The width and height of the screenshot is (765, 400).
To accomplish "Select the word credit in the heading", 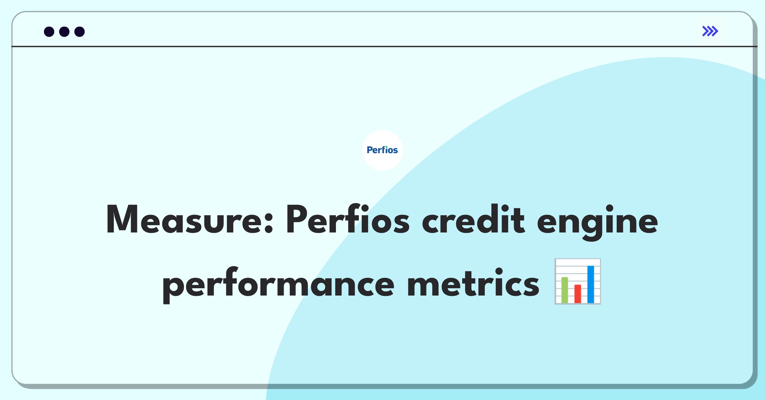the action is [x=473, y=219].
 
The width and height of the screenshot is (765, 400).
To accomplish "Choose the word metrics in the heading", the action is [x=473, y=282].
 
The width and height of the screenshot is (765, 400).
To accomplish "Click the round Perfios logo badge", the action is [x=382, y=150].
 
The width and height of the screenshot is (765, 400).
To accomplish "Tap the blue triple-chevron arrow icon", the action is [x=710, y=31].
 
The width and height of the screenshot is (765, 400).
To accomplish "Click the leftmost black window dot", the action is [x=49, y=32].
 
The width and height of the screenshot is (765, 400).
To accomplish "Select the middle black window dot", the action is [x=64, y=32].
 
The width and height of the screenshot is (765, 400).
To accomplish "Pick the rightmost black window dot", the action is [x=80, y=32].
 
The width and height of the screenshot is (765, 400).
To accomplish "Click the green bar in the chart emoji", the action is [x=565, y=290].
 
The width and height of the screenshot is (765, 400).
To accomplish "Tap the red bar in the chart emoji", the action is [x=578, y=294].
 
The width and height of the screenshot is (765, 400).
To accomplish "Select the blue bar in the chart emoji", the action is [x=591, y=284].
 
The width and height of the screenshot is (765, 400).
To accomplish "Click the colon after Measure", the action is [x=269, y=223].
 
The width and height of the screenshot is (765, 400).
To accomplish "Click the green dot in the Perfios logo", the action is [x=386, y=146].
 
